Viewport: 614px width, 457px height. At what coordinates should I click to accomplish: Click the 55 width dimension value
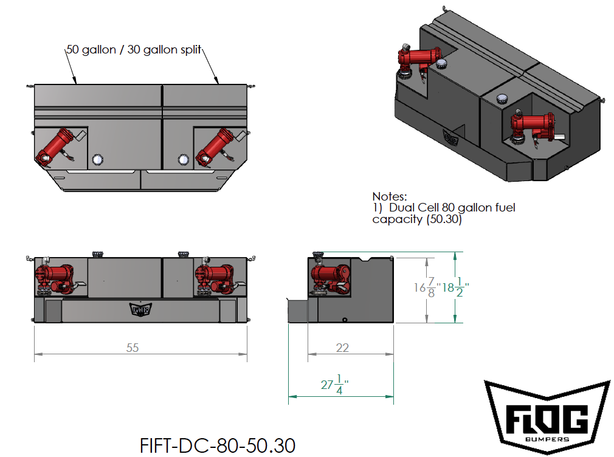[x=133, y=348]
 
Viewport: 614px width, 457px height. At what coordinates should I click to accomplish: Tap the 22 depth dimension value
[x=342, y=348]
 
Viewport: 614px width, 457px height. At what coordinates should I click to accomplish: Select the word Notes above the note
[x=389, y=196]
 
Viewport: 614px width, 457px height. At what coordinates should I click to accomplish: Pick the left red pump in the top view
[x=58, y=147]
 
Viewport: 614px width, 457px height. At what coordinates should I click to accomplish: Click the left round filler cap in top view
[x=97, y=160]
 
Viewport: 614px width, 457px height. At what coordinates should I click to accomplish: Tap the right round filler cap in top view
[x=182, y=160]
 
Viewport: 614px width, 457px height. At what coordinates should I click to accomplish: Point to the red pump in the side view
[x=330, y=277]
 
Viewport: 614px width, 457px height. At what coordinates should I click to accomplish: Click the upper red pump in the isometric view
[x=419, y=60]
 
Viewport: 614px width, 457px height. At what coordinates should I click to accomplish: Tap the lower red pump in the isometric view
[x=534, y=126]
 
